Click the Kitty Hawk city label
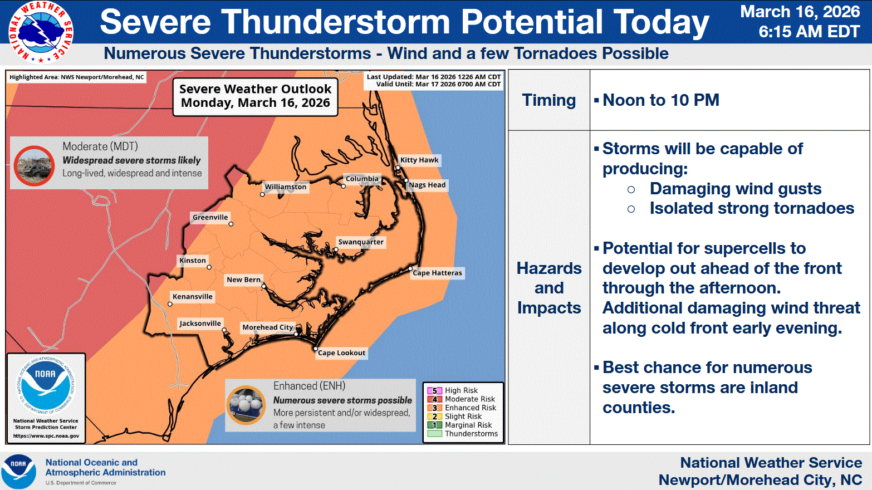click(419, 160)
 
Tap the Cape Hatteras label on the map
click(437, 273)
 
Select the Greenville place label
click(210, 217)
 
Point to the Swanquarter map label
click(361, 242)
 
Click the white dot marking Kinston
click(209, 267)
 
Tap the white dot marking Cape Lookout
click(316, 349)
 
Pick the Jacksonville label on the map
click(200, 324)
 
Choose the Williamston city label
click(286, 187)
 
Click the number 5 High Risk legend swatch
click(434, 390)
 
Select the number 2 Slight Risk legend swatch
click(434, 416)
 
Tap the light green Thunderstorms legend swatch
click(434, 434)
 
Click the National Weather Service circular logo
click(41, 32)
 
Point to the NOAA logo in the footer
click(19, 472)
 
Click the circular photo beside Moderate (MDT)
click(35, 166)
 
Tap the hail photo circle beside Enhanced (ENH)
click(246, 405)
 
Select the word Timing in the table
click(549, 100)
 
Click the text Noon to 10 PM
click(660, 100)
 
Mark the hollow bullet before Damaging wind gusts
click(631, 189)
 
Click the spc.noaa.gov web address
click(46, 436)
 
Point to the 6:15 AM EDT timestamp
click(809, 32)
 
